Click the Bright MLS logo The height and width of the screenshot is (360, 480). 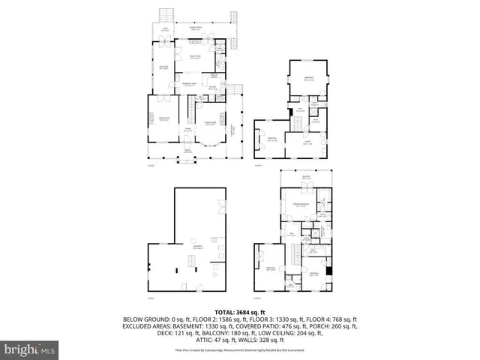[29, 349]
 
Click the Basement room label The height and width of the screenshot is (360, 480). [198, 247]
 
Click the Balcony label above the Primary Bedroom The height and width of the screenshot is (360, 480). [305, 178]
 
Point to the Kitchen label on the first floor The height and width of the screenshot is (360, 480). [212, 88]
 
